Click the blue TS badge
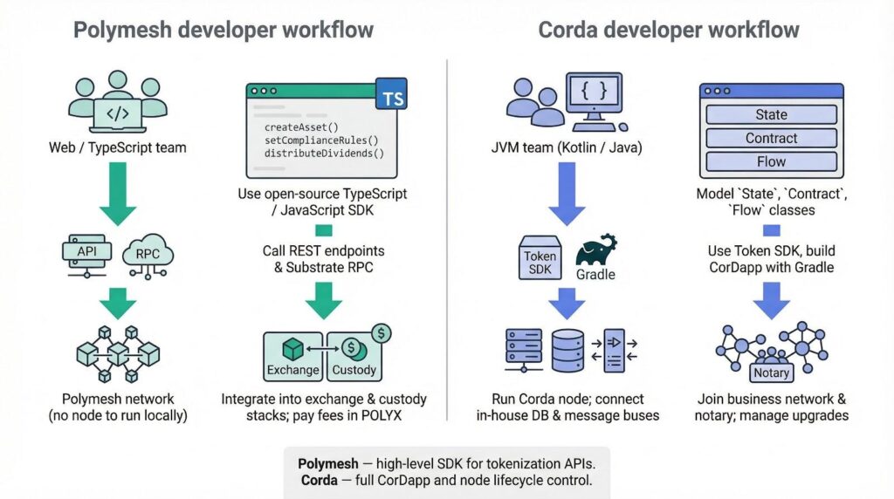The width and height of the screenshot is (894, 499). (393, 96)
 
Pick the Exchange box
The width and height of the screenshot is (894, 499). (293, 359)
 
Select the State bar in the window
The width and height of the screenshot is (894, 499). (771, 115)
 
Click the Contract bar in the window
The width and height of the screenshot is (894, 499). (771, 138)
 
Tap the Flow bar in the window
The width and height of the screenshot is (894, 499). (771, 161)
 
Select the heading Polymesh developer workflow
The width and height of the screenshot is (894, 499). (223, 31)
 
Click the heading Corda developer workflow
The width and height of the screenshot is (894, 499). (669, 31)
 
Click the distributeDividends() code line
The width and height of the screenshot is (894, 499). (324, 154)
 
